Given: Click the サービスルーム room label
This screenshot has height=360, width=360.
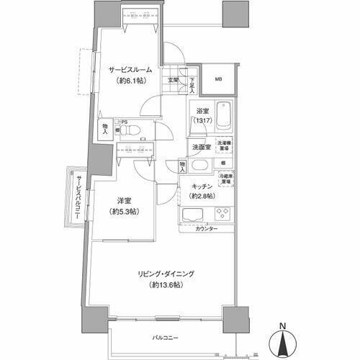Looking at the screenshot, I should click(130, 70).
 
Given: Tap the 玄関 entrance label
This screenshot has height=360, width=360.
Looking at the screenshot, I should click(174, 81).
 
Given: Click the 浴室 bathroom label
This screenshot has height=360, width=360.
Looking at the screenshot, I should click(202, 112).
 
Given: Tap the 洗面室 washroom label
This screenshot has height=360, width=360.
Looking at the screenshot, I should click(202, 147).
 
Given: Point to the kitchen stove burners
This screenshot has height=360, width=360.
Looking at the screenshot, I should click(222, 214).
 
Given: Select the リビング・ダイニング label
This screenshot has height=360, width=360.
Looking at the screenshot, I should click(163, 273).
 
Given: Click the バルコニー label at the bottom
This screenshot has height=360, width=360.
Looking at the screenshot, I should click(165, 337).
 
